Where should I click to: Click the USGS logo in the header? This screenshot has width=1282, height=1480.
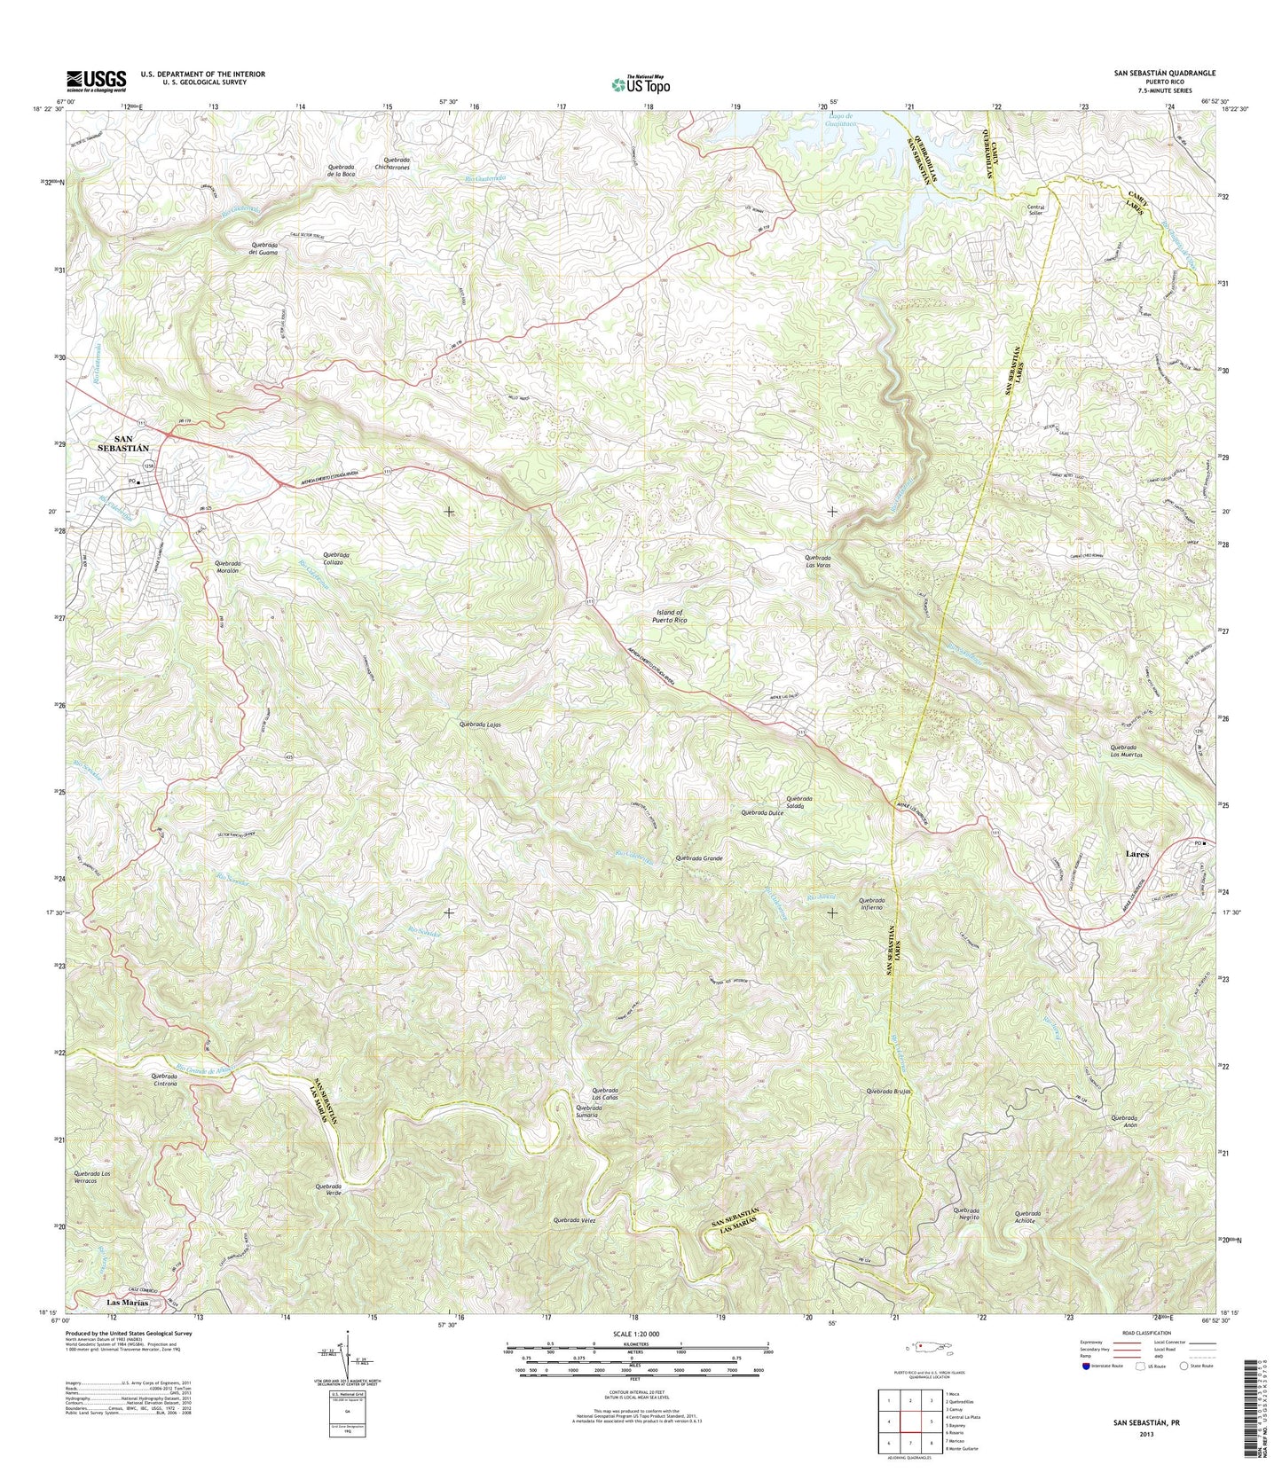click(96, 81)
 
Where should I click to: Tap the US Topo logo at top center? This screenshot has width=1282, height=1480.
click(641, 84)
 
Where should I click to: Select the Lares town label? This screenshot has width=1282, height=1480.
click(1136, 854)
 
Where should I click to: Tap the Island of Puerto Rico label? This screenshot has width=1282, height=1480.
click(670, 616)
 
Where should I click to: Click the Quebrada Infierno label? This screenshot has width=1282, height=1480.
click(878, 904)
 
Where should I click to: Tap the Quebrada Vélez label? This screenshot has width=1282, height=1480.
click(575, 1221)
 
